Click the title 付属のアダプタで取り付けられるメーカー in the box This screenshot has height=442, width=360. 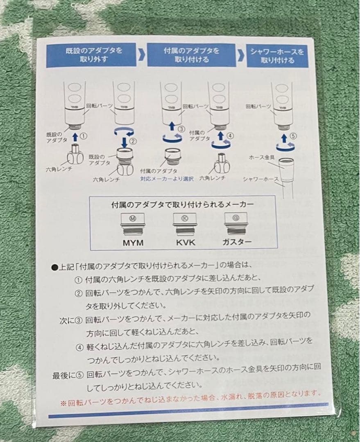183,203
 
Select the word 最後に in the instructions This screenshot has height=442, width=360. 63,375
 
